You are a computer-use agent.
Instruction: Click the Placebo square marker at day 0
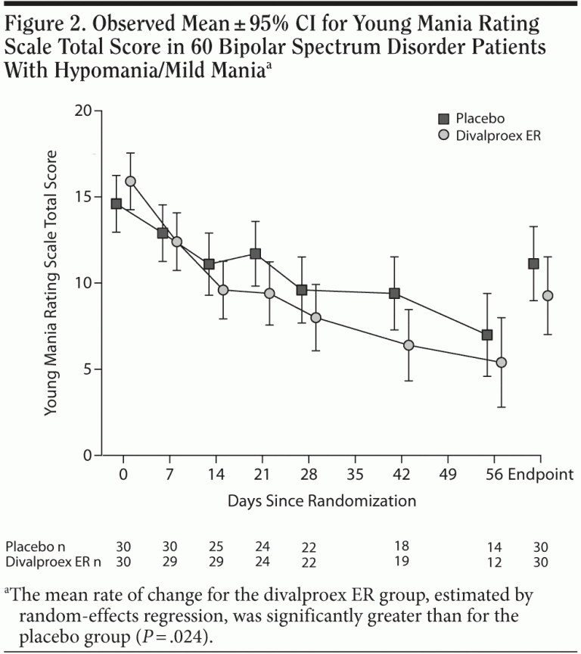(116, 204)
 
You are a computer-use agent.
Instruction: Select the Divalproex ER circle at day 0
(130, 182)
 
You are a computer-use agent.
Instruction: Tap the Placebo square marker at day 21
(255, 254)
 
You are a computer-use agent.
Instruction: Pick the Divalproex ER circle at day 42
(409, 345)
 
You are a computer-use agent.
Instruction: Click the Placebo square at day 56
(487, 335)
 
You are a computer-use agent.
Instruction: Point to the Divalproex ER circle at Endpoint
(548, 295)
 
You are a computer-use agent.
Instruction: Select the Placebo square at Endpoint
(533, 263)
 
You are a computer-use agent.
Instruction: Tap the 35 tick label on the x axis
(355, 475)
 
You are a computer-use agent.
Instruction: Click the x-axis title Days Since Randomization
(322, 500)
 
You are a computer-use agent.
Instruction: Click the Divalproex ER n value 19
(401, 562)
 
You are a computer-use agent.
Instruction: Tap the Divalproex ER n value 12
(495, 562)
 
